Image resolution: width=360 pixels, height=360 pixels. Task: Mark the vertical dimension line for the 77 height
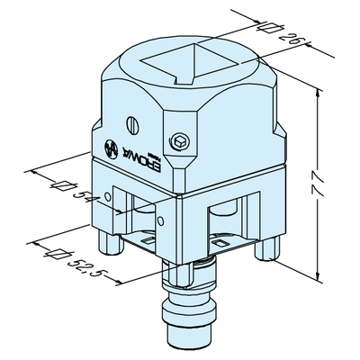tap(319, 180)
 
